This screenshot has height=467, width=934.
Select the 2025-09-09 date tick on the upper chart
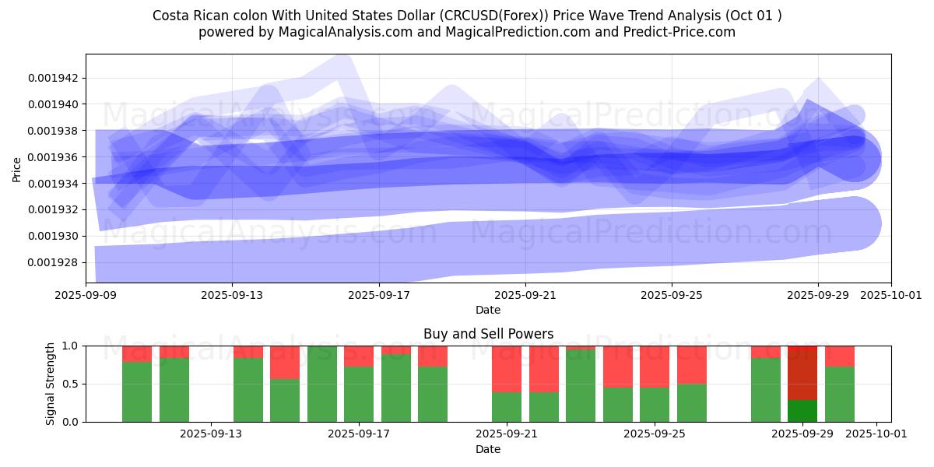click(86, 296)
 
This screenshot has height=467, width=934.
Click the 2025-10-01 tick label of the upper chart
click(890, 296)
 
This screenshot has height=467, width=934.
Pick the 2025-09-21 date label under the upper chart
click(525, 296)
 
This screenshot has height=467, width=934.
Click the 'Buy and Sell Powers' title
click(488, 334)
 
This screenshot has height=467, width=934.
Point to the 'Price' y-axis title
click(17, 168)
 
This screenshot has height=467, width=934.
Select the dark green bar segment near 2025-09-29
click(802, 411)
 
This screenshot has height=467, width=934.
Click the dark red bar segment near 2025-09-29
click(802, 373)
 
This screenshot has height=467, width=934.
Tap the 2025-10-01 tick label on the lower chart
click(876, 434)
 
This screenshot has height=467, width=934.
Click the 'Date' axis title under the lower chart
click(488, 449)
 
